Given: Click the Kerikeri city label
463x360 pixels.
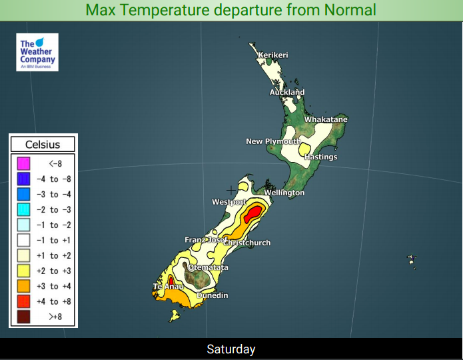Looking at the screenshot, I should (x=273, y=55).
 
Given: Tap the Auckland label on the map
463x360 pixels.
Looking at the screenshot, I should (x=287, y=92).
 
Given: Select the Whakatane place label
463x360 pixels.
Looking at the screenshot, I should (x=326, y=119).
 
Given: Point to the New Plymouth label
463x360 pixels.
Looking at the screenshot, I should (x=273, y=141).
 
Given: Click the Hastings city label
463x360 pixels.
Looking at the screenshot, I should (x=321, y=157).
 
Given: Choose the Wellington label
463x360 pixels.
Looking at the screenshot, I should (x=284, y=193).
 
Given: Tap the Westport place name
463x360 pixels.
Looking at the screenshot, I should (x=229, y=201).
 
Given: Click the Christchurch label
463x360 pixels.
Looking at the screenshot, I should (x=247, y=243).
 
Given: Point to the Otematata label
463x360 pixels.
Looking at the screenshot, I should (x=209, y=267).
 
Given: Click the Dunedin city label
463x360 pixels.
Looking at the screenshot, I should (x=213, y=295).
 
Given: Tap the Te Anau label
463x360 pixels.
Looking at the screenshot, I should (x=169, y=286).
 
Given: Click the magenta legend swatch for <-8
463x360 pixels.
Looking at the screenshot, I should (x=23, y=163).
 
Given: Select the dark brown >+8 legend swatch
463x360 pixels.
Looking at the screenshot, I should (x=23, y=317).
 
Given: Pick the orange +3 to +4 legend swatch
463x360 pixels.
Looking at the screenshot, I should (x=23, y=286).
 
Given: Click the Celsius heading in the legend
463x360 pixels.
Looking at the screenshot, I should (x=43, y=144).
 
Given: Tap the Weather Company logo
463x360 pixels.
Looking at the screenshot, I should (x=37, y=53).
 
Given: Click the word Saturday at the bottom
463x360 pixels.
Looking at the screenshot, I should (x=231, y=349).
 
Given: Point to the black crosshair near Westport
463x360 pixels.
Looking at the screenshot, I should (x=231, y=190).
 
